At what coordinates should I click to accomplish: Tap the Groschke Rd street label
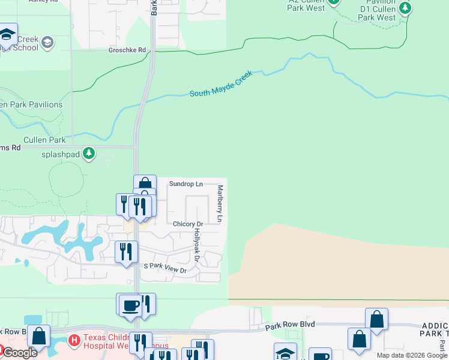(127, 50)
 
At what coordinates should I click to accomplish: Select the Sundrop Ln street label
(185, 184)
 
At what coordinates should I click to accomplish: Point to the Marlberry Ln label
(220, 204)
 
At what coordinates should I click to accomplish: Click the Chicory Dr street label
(188, 224)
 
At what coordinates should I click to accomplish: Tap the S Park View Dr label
(165, 270)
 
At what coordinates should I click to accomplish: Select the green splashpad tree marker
(89, 154)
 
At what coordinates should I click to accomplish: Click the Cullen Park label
(44, 140)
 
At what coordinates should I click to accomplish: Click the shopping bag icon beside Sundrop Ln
(145, 184)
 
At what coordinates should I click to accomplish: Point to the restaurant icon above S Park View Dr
(126, 251)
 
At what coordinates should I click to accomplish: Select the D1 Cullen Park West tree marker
(406, 8)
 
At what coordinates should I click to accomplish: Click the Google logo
(19, 353)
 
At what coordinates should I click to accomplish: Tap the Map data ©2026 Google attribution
(412, 355)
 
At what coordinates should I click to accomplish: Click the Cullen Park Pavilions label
(31, 104)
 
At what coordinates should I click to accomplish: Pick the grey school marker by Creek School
(47, 43)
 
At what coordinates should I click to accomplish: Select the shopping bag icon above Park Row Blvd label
(376, 319)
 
